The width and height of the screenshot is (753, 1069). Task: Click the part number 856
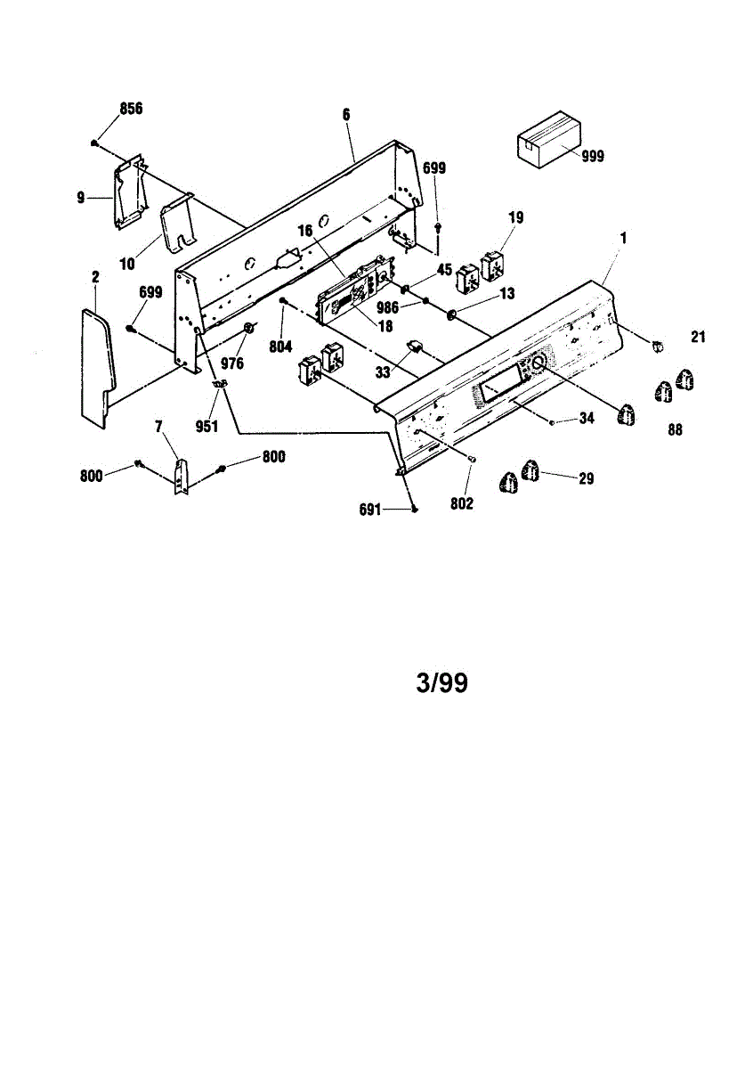click(x=131, y=109)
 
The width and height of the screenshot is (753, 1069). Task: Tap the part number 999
click(x=592, y=156)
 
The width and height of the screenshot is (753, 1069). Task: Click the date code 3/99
click(x=441, y=683)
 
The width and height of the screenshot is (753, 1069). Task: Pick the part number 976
click(x=232, y=363)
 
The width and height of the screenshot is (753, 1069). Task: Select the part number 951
click(x=206, y=427)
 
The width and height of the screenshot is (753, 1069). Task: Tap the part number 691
click(x=370, y=510)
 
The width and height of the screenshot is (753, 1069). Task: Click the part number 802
click(x=462, y=504)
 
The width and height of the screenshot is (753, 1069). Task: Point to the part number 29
click(x=586, y=479)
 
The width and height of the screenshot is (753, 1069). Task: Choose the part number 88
click(x=676, y=429)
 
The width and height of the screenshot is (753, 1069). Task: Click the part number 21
click(x=698, y=336)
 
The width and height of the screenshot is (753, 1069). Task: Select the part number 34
click(x=586, y=418)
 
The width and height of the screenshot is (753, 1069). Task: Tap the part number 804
click(x=281, y=347)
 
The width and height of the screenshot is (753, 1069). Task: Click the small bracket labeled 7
click(x=182, y=477)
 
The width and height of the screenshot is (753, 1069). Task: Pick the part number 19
click(x=516, y=216)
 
